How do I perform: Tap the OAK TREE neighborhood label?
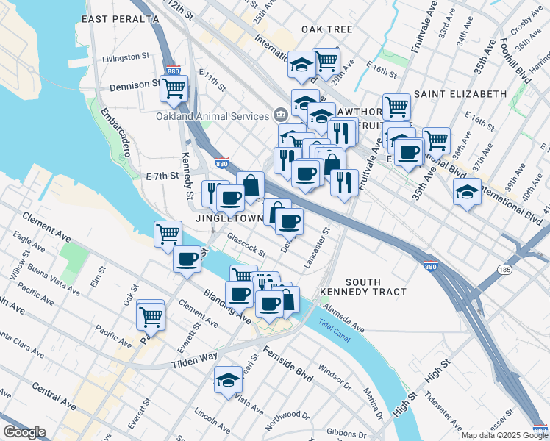pyautogui.click(x=326, y=29)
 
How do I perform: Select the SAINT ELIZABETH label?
pyautogui.click(x=460, y=94)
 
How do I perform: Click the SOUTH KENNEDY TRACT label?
pyautogui.click(x=363, y=287)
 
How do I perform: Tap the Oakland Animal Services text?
pyautogui.click(x=212, y=116)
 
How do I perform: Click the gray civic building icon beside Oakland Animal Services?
pyautogui.click(x=280, y=115)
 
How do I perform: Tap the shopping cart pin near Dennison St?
pyautogui.click(x=174, y=88)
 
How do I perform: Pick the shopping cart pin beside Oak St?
pyautogui.click(x=151, y=317)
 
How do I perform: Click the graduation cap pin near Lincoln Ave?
pyautogui.click(x=228, y=380)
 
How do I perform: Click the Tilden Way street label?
pyautogui.click(x=195, y=356)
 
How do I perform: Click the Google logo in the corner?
pyautogui.click(x=25, y=432)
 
